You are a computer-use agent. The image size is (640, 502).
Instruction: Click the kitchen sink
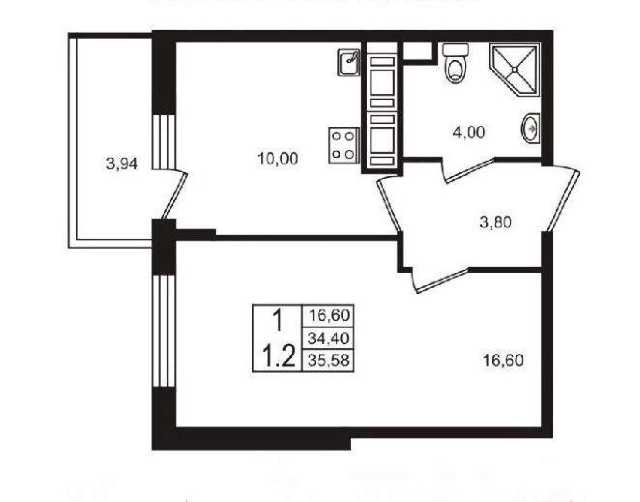[349, 62]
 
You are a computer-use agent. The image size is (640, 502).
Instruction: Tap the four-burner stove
[344, 145]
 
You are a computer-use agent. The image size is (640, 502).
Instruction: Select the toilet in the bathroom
[455, 63]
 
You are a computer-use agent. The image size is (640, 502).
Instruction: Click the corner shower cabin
[515, 69]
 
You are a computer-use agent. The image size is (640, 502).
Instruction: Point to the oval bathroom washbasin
[530, 129]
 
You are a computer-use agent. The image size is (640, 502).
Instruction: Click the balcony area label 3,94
[122, 164]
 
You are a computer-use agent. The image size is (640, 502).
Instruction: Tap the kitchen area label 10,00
[277, 158]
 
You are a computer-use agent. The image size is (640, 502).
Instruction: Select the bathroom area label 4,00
[469, 132]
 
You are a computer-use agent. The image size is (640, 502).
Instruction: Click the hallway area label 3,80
[496, 223]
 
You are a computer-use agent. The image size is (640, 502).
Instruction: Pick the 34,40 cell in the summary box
[328, 339]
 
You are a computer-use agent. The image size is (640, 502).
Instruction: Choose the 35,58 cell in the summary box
[328, 360]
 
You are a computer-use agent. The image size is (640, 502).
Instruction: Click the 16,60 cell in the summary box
[328, 316]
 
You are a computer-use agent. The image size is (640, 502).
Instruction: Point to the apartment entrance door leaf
[563, 201]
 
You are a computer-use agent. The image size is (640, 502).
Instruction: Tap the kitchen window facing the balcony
[164, 142]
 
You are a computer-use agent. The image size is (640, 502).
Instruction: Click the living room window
[164, 331]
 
